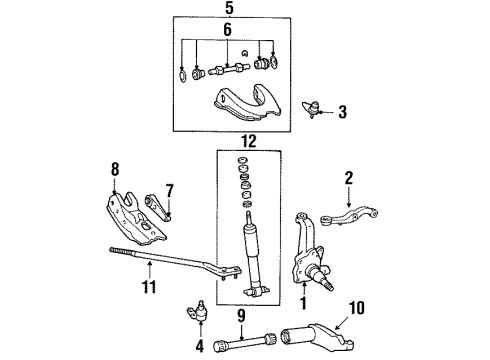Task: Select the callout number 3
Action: tap(342, 113)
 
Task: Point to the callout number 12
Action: tap(233, 141)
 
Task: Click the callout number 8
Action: tap(114, 170)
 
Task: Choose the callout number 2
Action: tap(349, 178)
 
